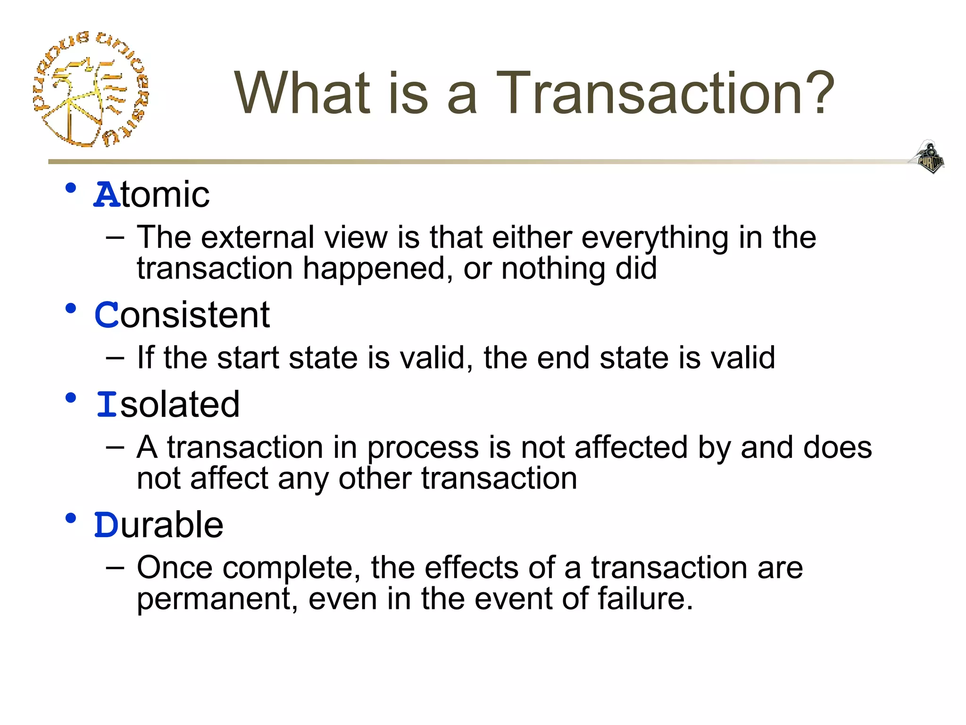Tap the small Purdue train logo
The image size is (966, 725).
coord(928,157)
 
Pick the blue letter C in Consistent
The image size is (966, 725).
coord(107,315)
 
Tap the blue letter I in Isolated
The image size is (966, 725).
coord(107,405)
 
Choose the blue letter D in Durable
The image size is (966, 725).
coord(107,525)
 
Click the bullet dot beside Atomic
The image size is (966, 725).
coord(71,188)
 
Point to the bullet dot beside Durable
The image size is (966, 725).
coord(71,518)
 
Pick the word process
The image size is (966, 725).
coord(423,447)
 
